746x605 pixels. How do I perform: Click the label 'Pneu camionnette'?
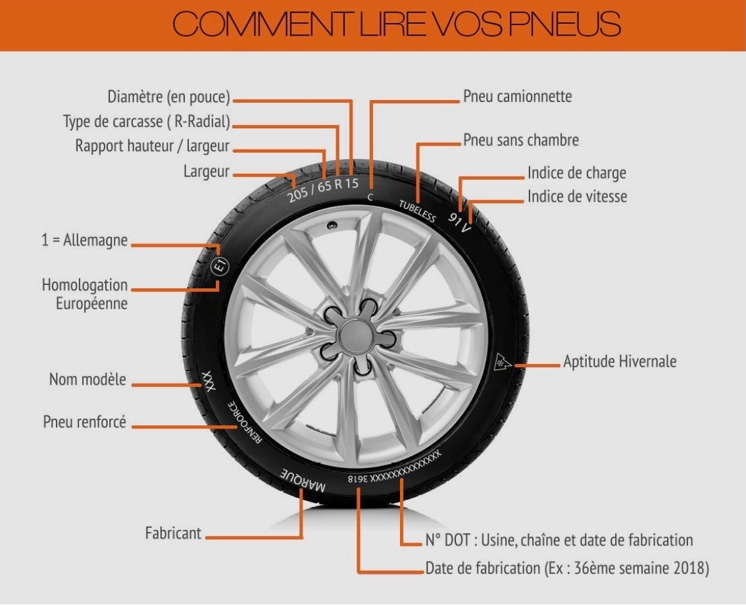pos(517,97)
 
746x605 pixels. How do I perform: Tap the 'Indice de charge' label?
pos(576,173)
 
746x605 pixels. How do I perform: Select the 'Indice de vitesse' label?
pos(577,196)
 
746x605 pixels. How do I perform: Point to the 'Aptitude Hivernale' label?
pos(619,361)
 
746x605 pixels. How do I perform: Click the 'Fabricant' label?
pos(173,533)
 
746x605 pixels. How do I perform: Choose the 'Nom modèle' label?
pos(87,380)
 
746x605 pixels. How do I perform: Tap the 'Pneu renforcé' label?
pos(84,421)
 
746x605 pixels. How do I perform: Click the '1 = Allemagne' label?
pos(85,240)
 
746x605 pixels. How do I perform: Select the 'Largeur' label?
pos(207,172)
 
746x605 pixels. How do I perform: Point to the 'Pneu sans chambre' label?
pos(521,140)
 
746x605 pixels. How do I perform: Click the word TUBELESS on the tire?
pos(417,211)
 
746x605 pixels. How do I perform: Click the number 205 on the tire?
pos(299,193)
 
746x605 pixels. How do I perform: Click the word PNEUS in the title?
pos(564,25)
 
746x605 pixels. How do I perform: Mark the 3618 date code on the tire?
pos(358,479)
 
